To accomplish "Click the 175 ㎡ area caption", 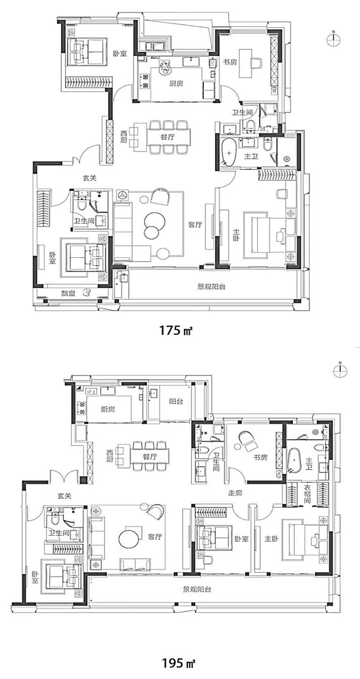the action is click(176, 330).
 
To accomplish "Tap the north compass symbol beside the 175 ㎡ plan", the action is click(333, 40).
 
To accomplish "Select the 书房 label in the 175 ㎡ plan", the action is click(230, 62).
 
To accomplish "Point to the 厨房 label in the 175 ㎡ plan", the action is click(176, 83).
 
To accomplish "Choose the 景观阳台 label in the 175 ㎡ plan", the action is click(211, 287).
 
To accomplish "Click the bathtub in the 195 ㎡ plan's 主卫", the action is click(293, 462).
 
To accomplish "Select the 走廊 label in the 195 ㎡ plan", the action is click(235, 493).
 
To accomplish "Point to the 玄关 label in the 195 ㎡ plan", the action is click(64, 496).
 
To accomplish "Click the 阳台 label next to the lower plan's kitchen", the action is click(176, 401).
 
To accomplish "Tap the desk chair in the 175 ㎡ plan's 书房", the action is click(256, 63).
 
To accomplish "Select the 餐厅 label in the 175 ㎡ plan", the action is click(167, 137).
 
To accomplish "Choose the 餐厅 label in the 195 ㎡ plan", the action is click(150, 457).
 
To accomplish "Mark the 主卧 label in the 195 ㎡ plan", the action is click(272, 539).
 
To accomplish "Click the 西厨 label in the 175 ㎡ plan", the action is click(124, 137).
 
